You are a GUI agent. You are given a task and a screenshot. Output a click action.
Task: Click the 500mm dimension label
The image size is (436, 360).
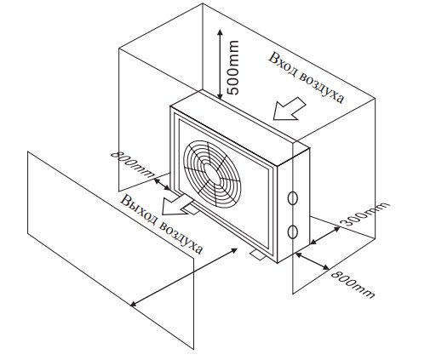232,67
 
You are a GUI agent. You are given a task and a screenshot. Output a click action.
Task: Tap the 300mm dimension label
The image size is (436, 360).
365,214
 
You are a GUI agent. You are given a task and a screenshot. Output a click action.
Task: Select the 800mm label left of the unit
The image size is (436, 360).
131,164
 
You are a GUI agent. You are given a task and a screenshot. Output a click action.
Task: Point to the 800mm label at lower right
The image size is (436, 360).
353,284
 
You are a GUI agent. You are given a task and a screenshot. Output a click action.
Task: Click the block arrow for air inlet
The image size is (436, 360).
289,110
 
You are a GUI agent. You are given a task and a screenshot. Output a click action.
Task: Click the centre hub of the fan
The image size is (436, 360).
212,174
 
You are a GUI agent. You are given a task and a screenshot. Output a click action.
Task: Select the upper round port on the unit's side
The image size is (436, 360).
292,198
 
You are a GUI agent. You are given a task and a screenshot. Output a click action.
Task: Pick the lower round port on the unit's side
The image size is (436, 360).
292,232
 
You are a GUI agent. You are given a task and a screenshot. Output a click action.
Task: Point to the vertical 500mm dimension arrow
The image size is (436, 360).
220,64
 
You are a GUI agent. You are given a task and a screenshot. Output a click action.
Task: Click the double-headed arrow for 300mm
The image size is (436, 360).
325,235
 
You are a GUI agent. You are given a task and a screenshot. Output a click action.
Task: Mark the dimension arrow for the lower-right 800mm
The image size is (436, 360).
313,261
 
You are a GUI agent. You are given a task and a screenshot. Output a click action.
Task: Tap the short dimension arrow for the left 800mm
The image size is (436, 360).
163,185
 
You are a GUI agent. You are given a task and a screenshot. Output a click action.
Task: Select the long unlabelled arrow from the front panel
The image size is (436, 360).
184,277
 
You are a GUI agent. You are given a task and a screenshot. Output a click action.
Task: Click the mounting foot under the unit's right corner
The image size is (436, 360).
258,254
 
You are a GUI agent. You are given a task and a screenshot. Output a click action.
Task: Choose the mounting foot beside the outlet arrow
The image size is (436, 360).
192,209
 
